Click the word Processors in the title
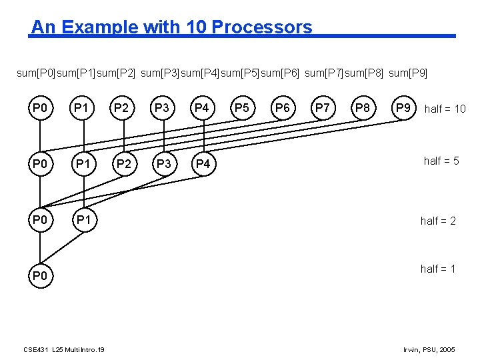pos(261,27)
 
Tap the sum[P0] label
pos(36,72)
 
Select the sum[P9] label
pos(407,72)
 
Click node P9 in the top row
pos(403,107)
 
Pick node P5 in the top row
pos(243,107)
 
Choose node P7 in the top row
pos(323,107)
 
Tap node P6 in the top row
pos(283,107)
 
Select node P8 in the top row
pos(363,107)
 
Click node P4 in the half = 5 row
pos(203,163)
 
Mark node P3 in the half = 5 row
pos(163,163)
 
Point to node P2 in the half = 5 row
pos(123,163)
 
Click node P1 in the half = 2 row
pos(83,220)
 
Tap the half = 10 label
pos(445,109)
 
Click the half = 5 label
pos(441,161)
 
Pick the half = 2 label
pos(438,221)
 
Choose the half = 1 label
pos(438,269)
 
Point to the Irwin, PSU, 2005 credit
pos(430,349)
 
